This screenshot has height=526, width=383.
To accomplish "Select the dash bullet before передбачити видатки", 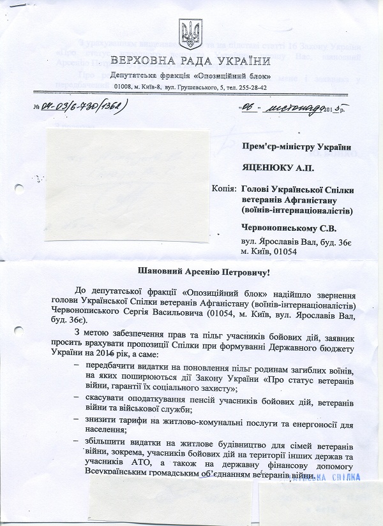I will coord(77,365).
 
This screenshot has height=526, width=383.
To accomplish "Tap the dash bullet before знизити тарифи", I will coord(77,420).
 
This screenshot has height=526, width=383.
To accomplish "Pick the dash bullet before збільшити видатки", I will coord(77,442).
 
